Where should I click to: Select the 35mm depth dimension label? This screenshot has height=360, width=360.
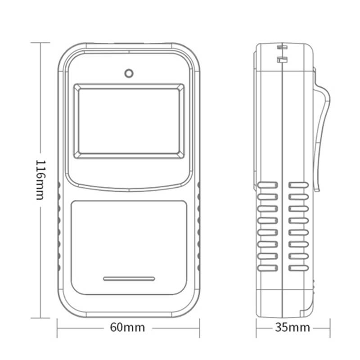pos(292,327)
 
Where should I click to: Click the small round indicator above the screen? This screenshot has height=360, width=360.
pos(129,73)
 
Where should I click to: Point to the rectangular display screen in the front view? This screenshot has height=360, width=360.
pos(129,121)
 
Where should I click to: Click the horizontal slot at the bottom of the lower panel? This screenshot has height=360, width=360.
pos(129,279)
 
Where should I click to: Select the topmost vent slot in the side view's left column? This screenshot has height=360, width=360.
pos(267,184)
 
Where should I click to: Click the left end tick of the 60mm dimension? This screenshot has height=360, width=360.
pos(58,327)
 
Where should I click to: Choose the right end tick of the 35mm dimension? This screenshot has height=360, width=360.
pos(330,327)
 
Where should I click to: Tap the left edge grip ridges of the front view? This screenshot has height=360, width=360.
pos(59,225)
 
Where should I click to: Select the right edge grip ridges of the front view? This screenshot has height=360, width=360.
pos(198,225)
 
